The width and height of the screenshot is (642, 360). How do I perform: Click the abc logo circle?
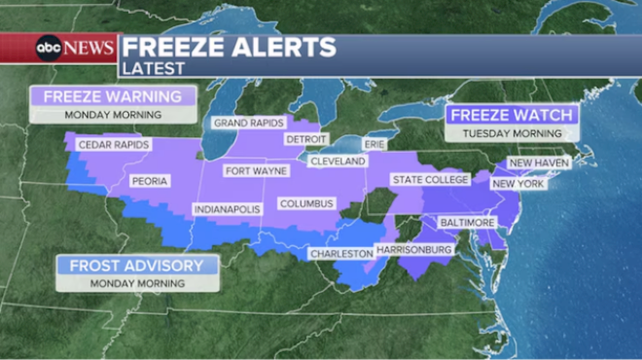(x=48, y=48)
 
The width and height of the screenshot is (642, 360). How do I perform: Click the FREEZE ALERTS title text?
(x=229, y=47)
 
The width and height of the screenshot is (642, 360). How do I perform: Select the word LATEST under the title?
(x=153, y=67)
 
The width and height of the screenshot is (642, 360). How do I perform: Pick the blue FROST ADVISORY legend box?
(x=137, y=266)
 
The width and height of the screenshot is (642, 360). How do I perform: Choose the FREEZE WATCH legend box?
(x=512, y=115)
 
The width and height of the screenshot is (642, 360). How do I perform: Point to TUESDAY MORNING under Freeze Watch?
(x=512, y=132)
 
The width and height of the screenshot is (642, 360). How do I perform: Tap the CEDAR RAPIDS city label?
(x=115, y=145)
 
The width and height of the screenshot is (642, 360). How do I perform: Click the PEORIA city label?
(x=150, y=181)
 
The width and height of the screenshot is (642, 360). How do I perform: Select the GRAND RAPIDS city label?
(x=249, y=124)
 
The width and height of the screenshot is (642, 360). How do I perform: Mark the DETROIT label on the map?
(x=305, y=140)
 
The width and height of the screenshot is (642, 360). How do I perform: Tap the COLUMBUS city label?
(x=306, y=203)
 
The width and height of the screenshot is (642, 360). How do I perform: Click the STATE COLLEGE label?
(x=430, y=180)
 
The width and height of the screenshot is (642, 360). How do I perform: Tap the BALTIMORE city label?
(x=467, y=223)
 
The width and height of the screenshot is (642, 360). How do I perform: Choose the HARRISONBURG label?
(x=413, y=250)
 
